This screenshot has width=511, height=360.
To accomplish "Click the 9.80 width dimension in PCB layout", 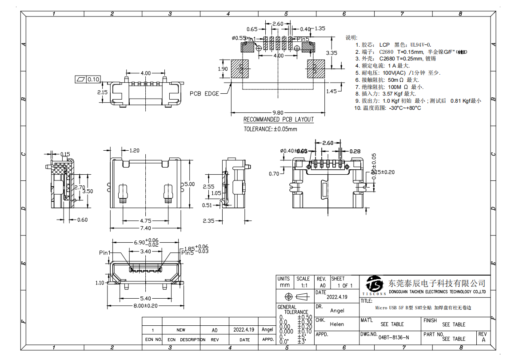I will [x=278, y=112].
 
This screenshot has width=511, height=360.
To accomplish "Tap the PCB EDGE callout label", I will [x=204, y=94].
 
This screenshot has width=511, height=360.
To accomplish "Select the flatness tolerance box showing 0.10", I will [x=88, y=80].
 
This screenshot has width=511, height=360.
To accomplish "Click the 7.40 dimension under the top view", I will [x=145, y=228].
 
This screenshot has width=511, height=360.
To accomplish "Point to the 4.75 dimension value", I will [x=145, y=220].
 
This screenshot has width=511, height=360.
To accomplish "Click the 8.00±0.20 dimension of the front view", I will [x=145, y=306].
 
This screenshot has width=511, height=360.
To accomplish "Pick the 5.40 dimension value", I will [x=145, y=298].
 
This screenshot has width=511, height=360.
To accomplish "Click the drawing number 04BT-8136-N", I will [x=394, y=337].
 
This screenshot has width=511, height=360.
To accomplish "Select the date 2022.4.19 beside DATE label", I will [x=337, y=297].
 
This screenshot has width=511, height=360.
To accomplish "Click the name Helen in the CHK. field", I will [x=337, y=324].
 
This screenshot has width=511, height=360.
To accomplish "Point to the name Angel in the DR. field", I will [x=337, y=311].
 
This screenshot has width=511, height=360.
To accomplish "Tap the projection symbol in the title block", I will [x=295, y=296].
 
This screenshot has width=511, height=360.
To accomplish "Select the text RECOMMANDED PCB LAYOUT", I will [x=279, y=120].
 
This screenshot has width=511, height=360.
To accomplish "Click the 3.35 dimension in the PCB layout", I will [x=331, y=52].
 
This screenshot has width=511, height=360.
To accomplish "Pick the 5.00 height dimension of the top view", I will [x=190, y=184].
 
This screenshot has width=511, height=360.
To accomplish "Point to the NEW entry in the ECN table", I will [x=181, y=330].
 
